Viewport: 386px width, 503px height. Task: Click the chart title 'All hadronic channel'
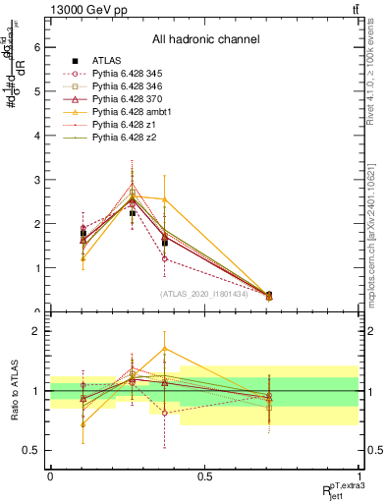point(204,39)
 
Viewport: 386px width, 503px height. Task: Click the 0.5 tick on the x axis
point(204,476)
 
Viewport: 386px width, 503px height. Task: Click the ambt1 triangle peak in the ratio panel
point(165,349)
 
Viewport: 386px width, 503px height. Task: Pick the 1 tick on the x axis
point(358,476)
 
